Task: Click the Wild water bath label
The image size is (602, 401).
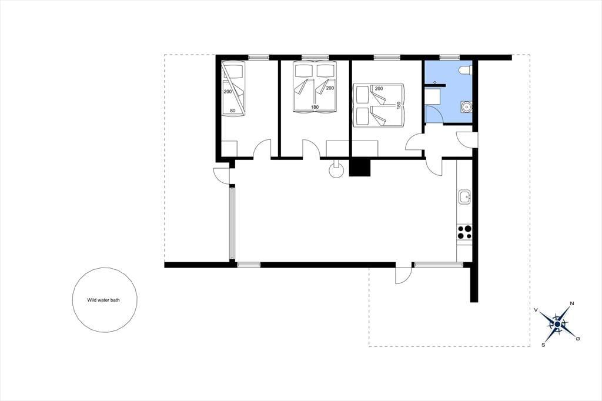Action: [103, 300]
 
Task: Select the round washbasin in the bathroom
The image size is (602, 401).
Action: [466, 107]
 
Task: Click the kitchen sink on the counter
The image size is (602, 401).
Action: [464, 196]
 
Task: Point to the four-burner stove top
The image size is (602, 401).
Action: [464, 232]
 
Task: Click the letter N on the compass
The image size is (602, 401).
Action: [571, 303]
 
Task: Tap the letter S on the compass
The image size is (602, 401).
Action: [543, 345]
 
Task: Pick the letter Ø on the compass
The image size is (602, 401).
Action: [578, 339]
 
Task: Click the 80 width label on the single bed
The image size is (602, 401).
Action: [233, 111]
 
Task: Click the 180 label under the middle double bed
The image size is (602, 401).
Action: [315, 107]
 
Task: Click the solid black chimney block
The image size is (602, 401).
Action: [359, 167]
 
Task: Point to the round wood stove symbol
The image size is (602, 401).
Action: [337, 171]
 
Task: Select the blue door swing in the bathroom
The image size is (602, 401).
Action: [434, 115]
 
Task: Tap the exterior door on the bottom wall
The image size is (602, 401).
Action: [404, 273]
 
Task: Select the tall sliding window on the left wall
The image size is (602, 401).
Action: [232, 223]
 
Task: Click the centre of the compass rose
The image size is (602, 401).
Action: [557, 325]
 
